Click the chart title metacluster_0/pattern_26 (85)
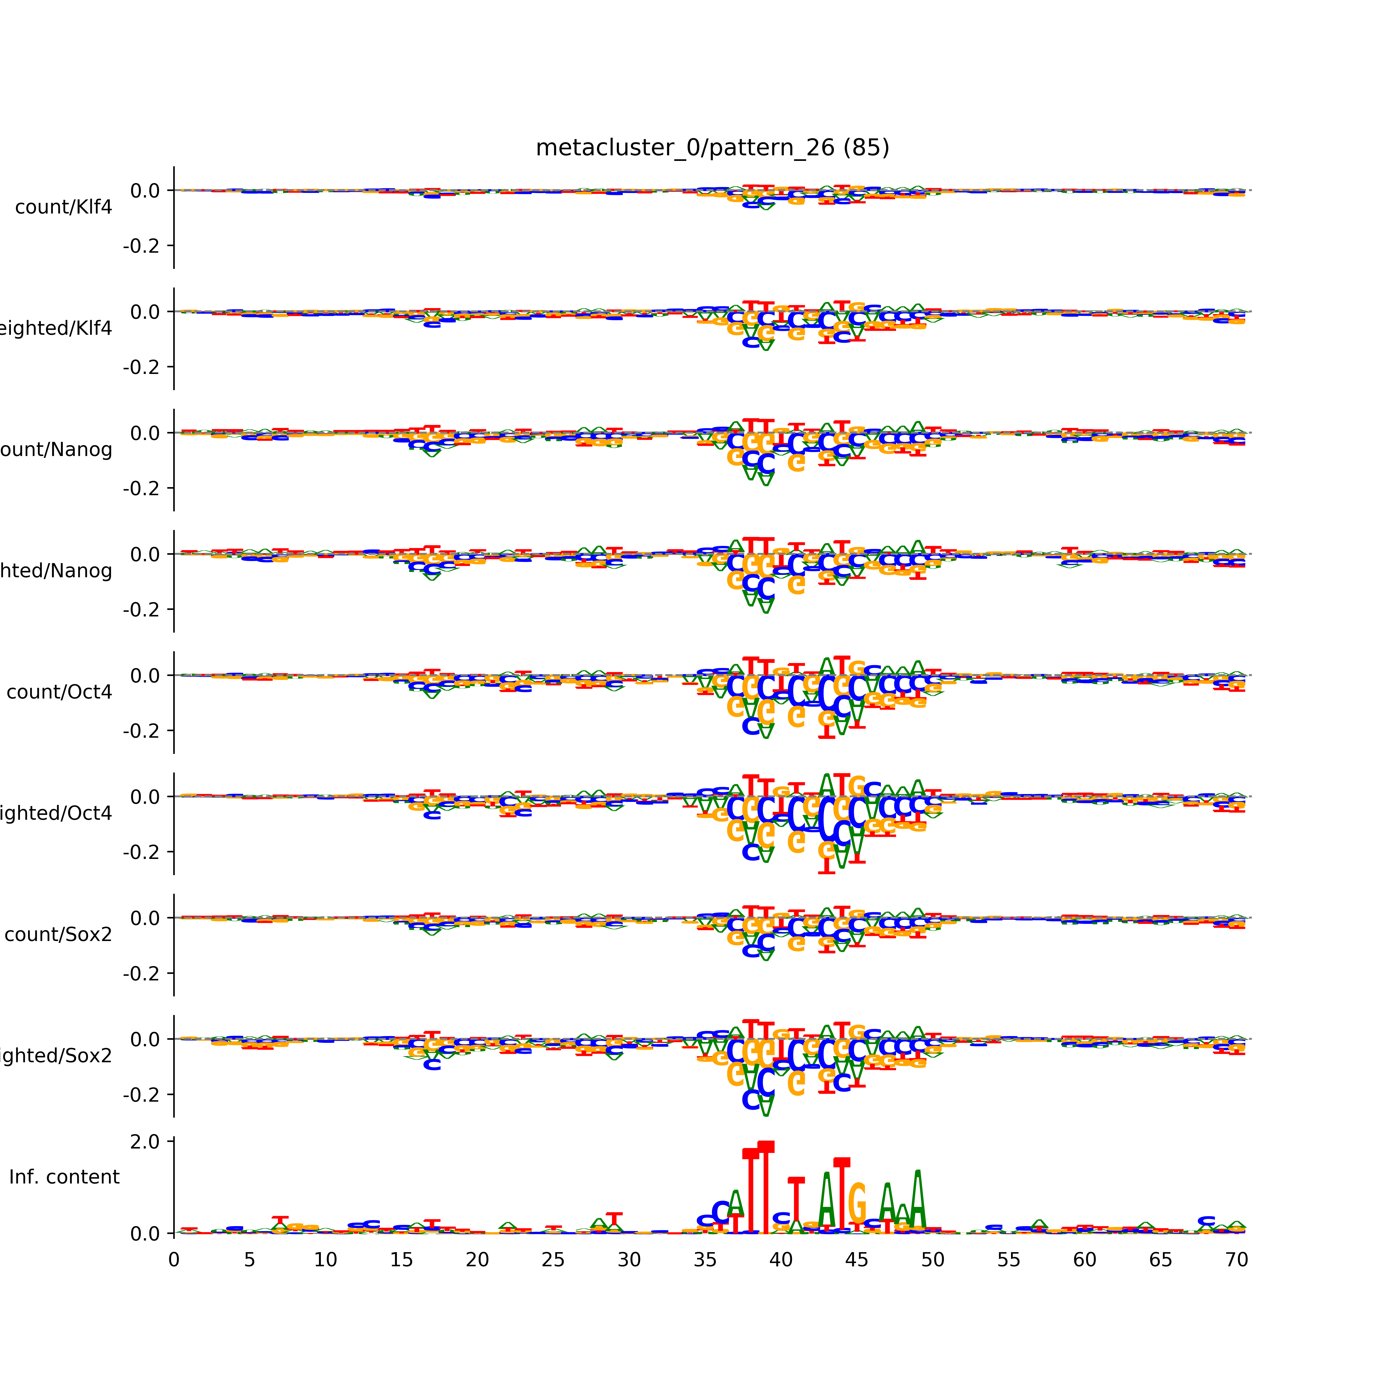coord(712,148)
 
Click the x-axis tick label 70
coord(1236,1280)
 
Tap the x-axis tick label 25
coord(553,1280)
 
